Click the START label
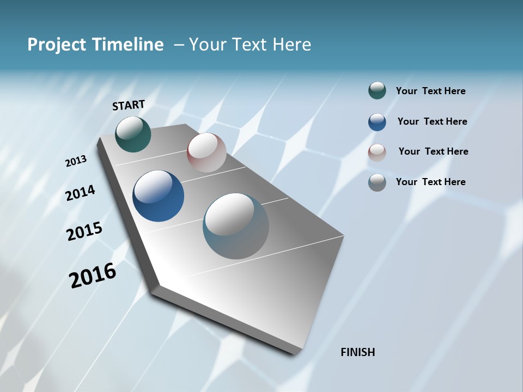tap(129, 105)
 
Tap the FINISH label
tap(357, 352)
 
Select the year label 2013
tap(76, 161)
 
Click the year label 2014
tap(80, 193)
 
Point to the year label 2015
tap(84, 231)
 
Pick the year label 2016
tap(93, 275)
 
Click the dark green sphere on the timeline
tap(133, 134)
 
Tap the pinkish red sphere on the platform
tap(206, 152)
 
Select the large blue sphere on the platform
tap(159, 196)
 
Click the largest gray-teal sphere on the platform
tap(236, 226)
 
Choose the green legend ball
tap(377, 91)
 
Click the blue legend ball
tap(377, 121)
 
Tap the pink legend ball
tap(377, 152)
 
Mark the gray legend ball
tap(377, 182)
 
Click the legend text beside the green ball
tap(430, 91)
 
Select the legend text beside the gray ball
tap(430, 182)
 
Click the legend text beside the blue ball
tap(432, 121)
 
